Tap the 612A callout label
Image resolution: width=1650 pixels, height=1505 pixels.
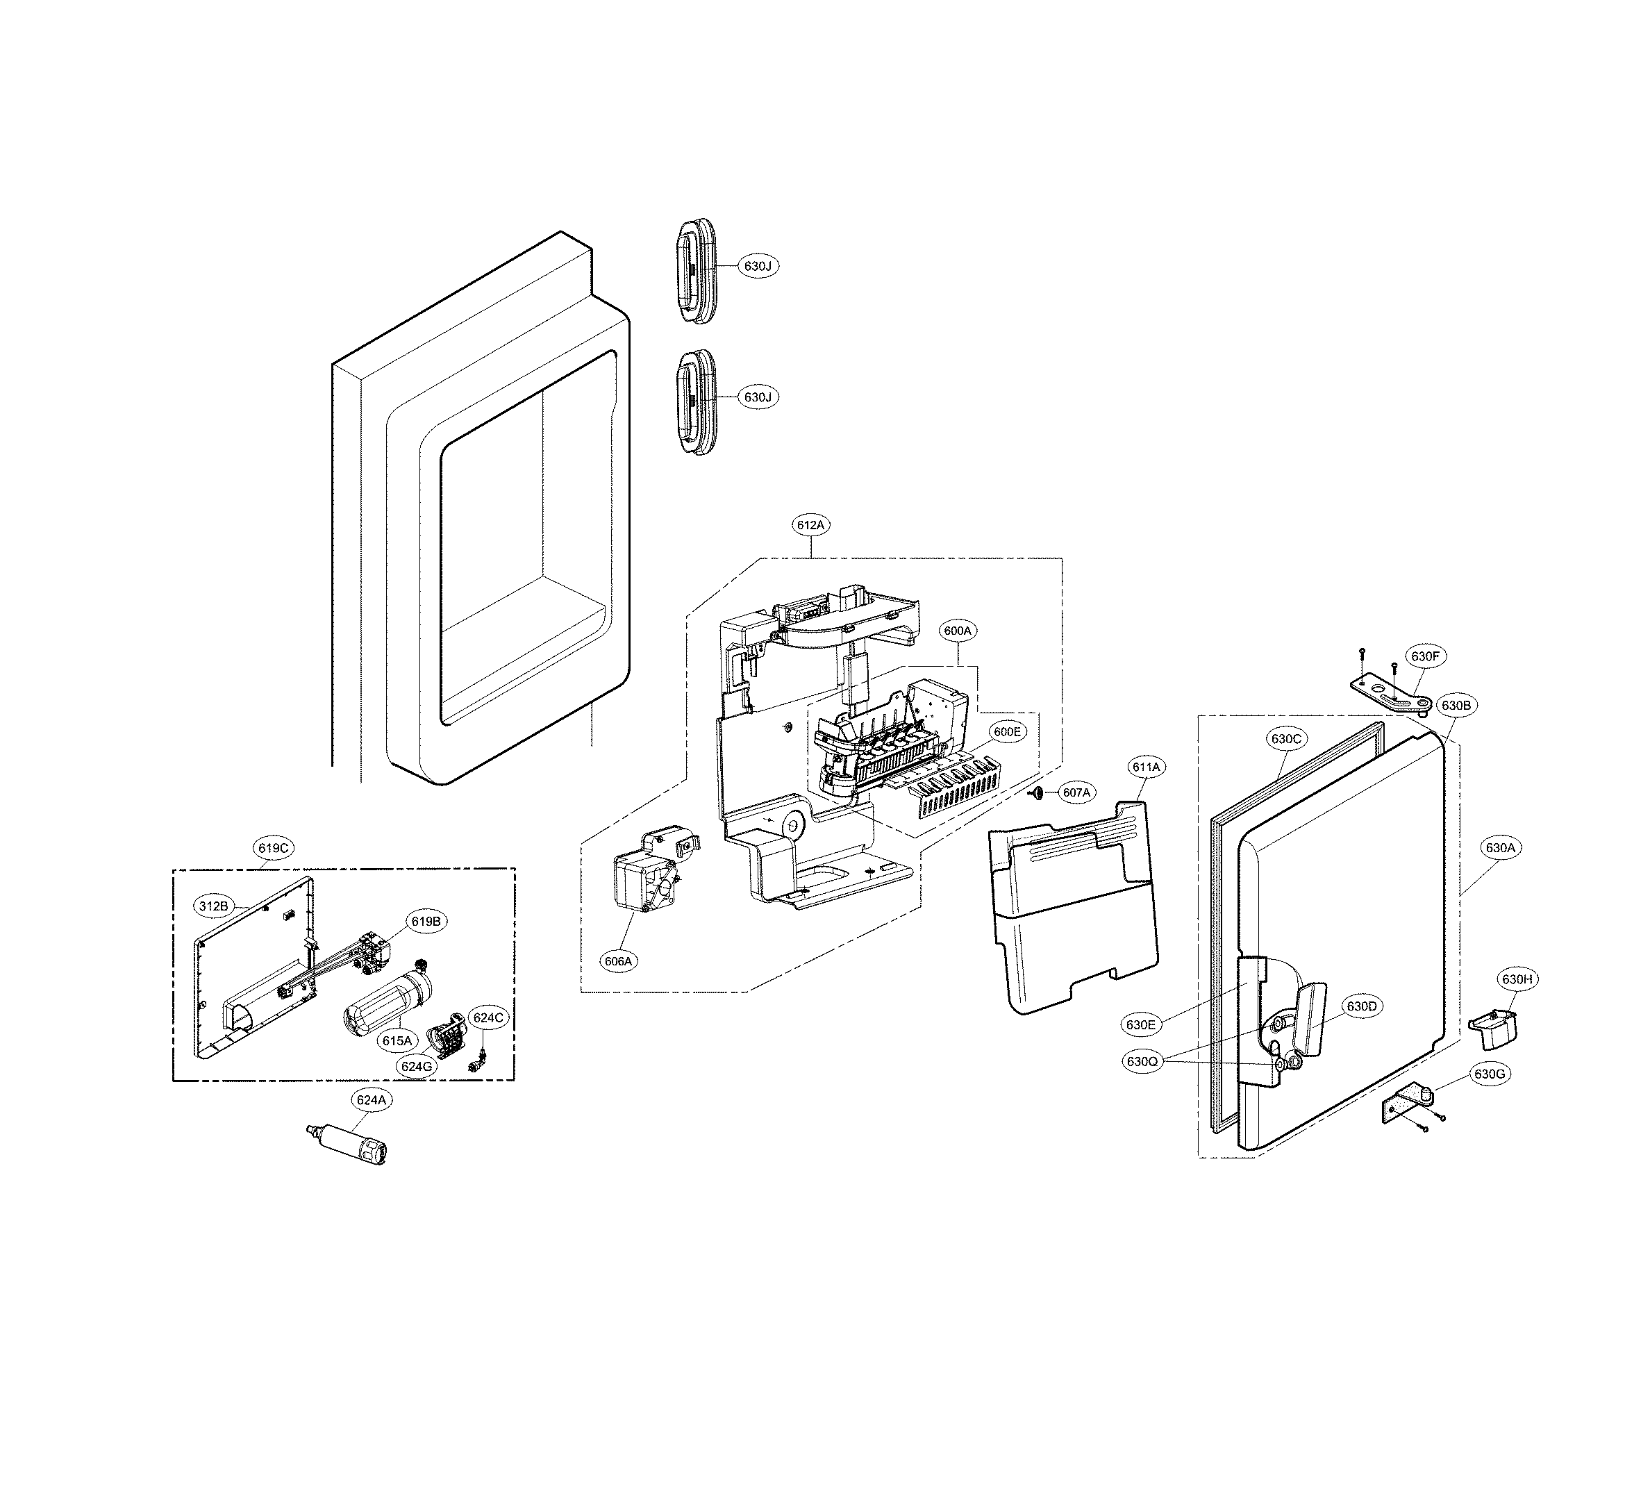pyautogui.click(x=810, y=526)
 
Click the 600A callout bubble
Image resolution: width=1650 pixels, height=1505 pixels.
pyautogui.click(x=958, y=631)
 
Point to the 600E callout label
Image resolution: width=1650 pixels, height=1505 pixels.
pyautogui.click(x=1007, y=733)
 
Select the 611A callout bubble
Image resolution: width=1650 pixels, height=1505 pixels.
pyautogui.click(x=1146, y=767)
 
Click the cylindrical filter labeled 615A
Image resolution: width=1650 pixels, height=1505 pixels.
pyautogui.click(x=385, y=1002)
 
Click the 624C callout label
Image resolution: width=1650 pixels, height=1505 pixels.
pyautogui.click(x=487, y=1017)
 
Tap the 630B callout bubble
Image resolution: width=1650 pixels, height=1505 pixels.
pyautogui.click(x=1457, y=705)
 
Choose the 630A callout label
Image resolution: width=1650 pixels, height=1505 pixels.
pyautogui.click(x=1500, y=849)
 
